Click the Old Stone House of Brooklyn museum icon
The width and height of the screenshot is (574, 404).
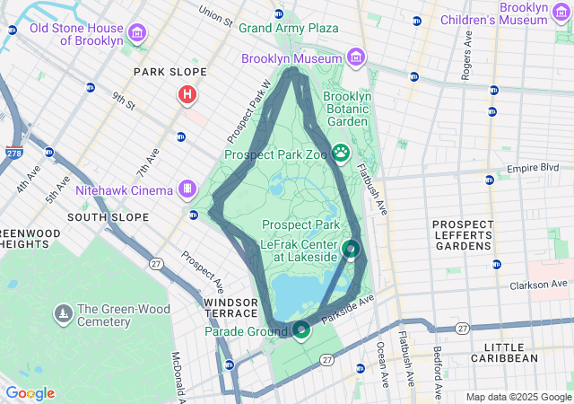tap(137, 34)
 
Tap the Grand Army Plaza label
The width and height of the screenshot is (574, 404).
tap(288, 28)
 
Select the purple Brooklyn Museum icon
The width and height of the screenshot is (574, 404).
tap(357, 57)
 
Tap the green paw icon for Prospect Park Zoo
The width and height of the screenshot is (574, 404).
tap(341, 154)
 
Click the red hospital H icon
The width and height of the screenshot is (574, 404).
tap(187, 93)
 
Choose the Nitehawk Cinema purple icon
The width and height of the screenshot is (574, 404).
tap(187, 189)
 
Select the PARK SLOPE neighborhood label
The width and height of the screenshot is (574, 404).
tap(170, 72)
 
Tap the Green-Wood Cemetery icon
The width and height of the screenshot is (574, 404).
tap(64, 314)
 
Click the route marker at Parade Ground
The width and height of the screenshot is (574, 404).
tap(300, 330)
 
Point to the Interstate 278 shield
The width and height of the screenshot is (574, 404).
tap(13, 154)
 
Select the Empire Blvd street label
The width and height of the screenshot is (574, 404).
tap(533, 168)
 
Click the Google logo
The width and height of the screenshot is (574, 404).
tap(30, 393)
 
